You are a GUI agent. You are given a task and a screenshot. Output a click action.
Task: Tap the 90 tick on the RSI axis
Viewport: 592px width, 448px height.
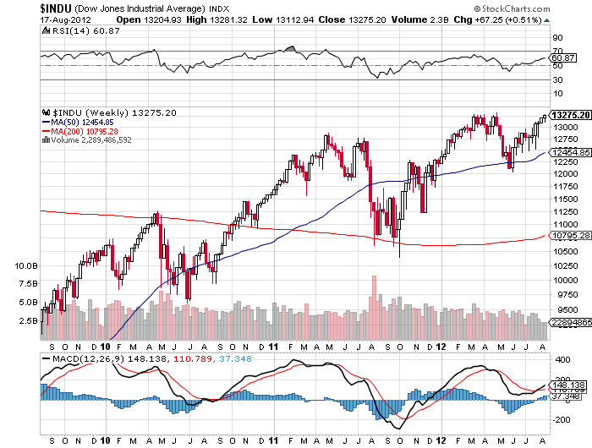pos(558,38)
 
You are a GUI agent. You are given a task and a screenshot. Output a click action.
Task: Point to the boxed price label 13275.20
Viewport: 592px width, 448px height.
pos(568,114)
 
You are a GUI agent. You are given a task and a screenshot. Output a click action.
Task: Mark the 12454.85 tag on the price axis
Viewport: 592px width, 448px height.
pos(568,151)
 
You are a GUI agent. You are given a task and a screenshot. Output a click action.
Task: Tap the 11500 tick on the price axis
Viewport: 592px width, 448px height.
pos(565,197)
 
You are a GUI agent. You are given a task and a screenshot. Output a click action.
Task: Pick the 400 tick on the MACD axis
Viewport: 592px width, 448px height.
pos(560,359)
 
